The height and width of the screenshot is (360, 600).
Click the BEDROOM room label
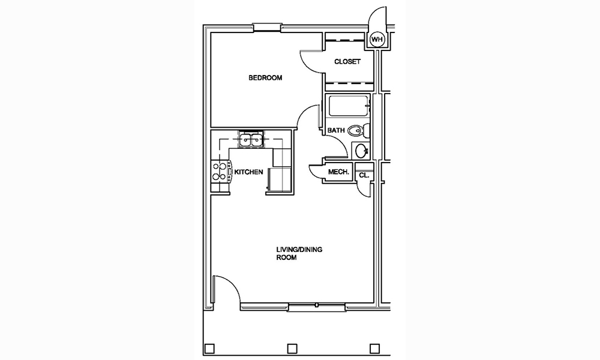click(265, 78)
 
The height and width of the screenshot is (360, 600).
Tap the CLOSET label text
click(347, 62)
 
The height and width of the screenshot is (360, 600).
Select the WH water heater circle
click(377, 40)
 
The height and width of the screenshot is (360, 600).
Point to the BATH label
click(335, 130)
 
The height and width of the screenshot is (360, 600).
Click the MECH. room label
click(339, 173)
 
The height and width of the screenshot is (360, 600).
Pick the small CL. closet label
click(364, 175)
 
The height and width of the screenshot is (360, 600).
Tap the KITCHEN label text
click(248, 172)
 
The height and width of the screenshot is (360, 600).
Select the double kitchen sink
click(251, 140)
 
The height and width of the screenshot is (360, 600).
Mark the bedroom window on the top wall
click(267, 27)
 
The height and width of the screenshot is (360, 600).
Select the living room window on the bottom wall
click(316, 307)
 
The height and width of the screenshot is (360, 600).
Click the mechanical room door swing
click(316, 172)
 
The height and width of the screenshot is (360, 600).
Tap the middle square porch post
click(292, 349)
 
